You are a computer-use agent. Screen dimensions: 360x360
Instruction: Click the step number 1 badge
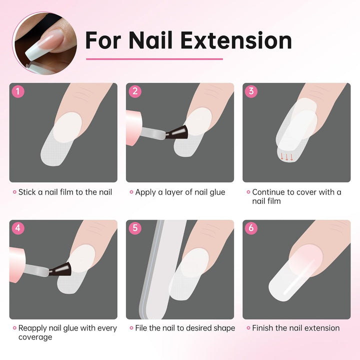click(x=18, y=91)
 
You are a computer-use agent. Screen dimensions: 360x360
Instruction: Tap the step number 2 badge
click(x=134, y=91)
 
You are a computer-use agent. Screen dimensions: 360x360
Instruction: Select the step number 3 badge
click(x=251, y=91)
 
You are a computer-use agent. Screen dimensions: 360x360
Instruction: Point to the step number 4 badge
click(x=18, y=228)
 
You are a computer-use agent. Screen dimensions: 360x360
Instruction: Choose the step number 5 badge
click(x=134, y=228)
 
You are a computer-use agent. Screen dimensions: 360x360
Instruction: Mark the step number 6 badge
click(x=251, y=228)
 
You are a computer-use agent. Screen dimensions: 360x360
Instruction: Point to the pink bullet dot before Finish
click(x=248, y=328)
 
